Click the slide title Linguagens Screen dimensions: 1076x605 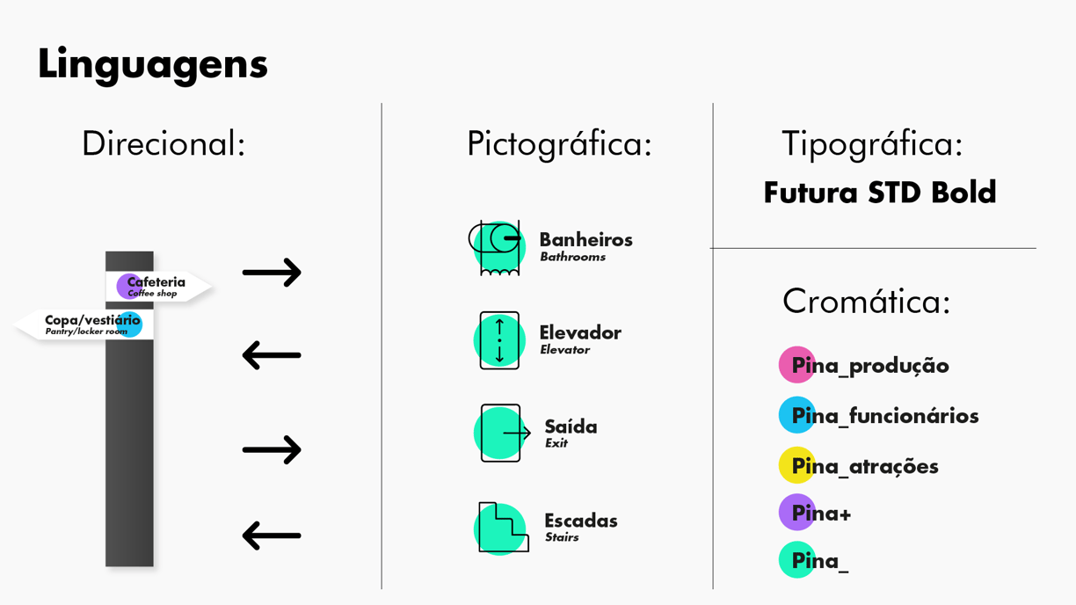(152, 64)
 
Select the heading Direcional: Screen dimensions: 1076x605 (163, 144)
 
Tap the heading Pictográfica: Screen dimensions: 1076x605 (559, 144)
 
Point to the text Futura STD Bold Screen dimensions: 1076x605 (879, 193)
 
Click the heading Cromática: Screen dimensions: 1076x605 (866, 302)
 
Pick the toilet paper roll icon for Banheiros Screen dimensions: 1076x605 (497, 247)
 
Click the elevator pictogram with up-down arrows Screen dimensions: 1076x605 (499, 340)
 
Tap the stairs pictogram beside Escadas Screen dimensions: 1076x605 (502, 528)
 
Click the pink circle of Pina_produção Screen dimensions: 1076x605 (796, 365)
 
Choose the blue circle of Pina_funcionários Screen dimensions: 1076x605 (796, 416)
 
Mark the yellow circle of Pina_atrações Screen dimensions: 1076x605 (796, 466)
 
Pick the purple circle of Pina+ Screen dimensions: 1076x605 (796, 513)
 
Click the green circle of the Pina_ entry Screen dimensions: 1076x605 (796, 560)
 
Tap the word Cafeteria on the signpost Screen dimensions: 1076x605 (156, 282)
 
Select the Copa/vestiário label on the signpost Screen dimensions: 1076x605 (91, 321)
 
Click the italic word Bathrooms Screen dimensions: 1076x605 (572, 258)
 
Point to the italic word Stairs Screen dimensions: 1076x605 (562, 537)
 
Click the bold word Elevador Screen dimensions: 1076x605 (580, 333)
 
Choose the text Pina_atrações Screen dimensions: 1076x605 (865, 467)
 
